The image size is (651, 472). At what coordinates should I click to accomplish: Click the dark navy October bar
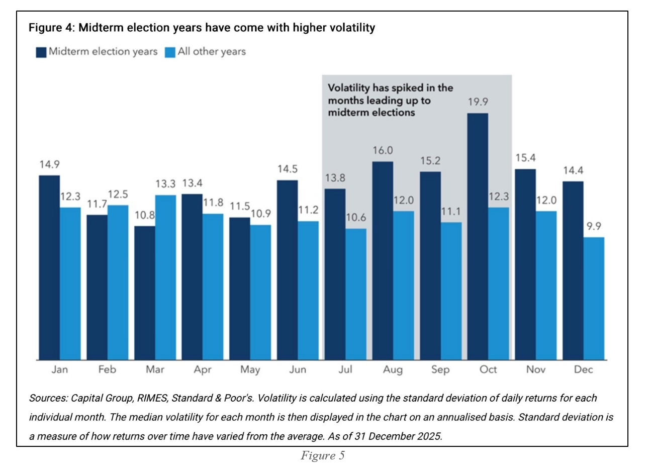click(478, 236)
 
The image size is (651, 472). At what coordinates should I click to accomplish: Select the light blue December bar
click(594, 299)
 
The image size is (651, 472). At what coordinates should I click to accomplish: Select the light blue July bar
click(356, 294)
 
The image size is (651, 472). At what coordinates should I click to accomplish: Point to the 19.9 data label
click(478, 102)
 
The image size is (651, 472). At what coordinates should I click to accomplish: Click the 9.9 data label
click(594, 226)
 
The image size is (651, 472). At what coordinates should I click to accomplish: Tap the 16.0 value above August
click(383, 150)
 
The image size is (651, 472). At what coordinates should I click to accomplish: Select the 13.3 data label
click(165, 184)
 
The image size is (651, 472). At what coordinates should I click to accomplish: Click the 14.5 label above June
click(288, 169)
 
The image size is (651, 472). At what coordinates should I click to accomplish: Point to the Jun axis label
click(298, 369)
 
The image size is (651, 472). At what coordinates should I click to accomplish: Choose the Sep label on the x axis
click(440, 369)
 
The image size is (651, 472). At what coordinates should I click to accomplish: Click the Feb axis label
click(107, 369)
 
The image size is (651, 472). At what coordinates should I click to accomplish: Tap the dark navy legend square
click(41, 52)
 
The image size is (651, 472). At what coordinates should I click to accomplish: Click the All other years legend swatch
click(170, 52)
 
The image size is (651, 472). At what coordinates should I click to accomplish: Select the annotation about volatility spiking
click(390, 100)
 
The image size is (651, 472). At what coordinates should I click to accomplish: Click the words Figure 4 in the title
click(51, 28)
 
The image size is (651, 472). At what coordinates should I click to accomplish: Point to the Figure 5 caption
click(322, 456)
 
